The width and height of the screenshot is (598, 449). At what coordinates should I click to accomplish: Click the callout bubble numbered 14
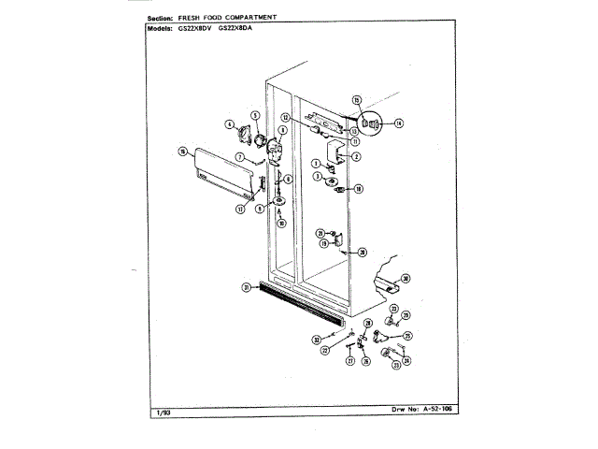398,123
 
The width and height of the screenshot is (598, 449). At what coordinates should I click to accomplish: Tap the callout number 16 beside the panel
183,152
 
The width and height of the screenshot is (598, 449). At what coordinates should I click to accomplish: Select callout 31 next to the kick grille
246,287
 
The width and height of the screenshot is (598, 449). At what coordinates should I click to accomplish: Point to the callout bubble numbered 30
406,278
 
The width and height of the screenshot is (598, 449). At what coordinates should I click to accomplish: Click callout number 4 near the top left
228,123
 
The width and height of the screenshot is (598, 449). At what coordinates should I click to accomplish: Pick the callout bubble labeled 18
358,188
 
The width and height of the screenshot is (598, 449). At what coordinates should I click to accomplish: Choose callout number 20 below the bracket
363,251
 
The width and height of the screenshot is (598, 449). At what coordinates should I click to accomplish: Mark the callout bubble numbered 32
317,340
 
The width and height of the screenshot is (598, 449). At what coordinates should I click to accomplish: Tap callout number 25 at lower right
407,335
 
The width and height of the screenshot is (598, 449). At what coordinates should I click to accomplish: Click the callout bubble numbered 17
240,209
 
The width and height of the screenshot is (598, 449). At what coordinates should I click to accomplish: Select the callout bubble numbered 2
356,156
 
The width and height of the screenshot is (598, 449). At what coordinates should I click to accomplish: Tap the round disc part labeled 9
280,205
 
